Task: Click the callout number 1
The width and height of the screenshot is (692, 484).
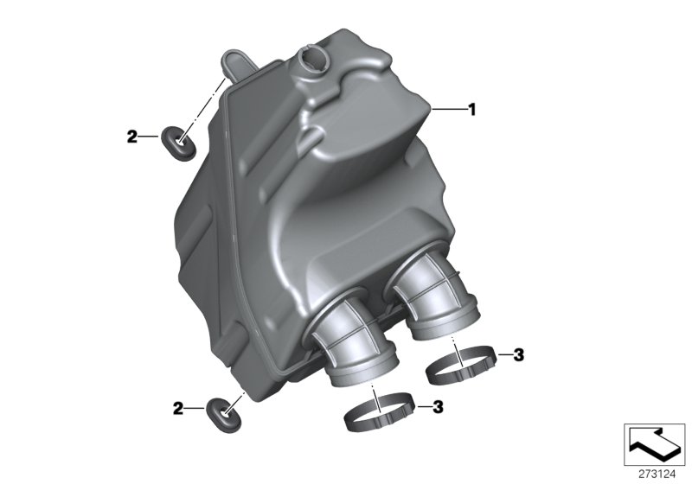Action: (472, 110)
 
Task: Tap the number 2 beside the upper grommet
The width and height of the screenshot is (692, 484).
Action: (132, 137)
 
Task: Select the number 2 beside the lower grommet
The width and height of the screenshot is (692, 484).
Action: (177, 407)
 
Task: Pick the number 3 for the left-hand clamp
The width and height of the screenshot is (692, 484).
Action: (438, 405)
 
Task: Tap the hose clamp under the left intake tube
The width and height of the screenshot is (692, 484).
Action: (380, 413)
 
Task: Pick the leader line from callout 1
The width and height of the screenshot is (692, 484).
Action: (447, 110)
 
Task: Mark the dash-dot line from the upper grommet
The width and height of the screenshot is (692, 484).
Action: (208, 103)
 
